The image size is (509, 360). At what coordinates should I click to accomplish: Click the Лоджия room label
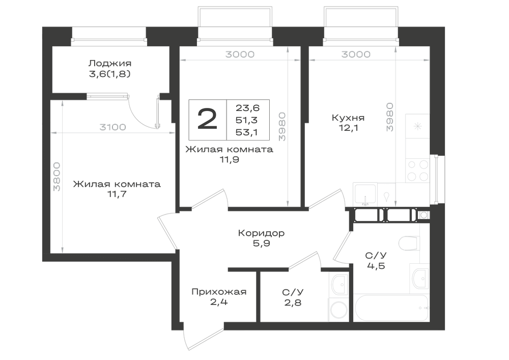coord(110,63)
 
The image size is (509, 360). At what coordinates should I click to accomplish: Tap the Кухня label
coord(348,118)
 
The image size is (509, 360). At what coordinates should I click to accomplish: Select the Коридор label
coord(261,233)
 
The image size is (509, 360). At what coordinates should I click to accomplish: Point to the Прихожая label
coord(219,292)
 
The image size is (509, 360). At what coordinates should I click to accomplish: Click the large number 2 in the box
coord(207,119)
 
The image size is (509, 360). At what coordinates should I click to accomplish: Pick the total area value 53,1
coord(247,132)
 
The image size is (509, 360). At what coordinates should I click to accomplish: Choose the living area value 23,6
coord(248,108)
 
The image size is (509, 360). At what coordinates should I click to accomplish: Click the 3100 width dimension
coord(112,127)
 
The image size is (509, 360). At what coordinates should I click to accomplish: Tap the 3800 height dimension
coord(57,177)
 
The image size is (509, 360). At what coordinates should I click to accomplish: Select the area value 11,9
coord(229,160)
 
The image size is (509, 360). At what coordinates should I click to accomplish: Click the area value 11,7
coord(117,194)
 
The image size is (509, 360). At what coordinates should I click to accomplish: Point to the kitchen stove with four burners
coord(417,171)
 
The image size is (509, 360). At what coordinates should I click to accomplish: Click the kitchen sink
coord(365,194)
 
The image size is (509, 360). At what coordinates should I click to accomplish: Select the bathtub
coord(391,308)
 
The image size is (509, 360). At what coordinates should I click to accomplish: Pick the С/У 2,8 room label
coord(293,297)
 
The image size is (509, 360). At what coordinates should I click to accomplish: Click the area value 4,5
coord(376,266)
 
